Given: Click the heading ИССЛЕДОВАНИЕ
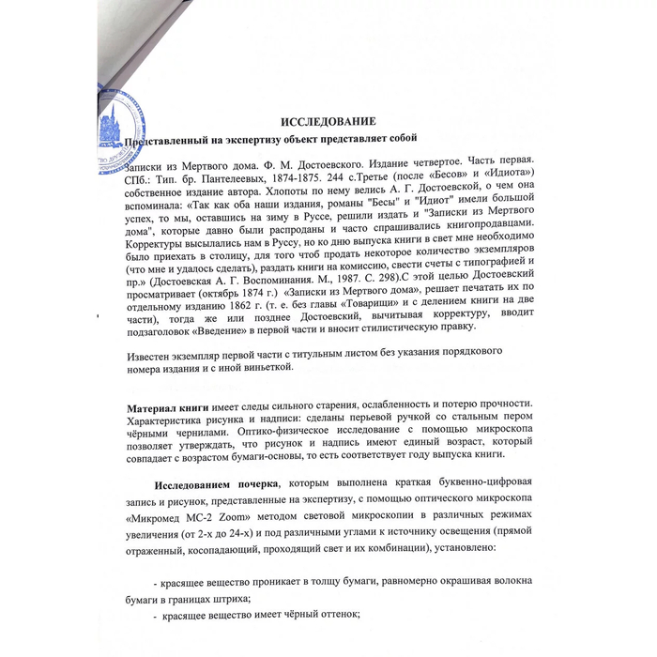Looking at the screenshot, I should [x=329, y=122].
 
